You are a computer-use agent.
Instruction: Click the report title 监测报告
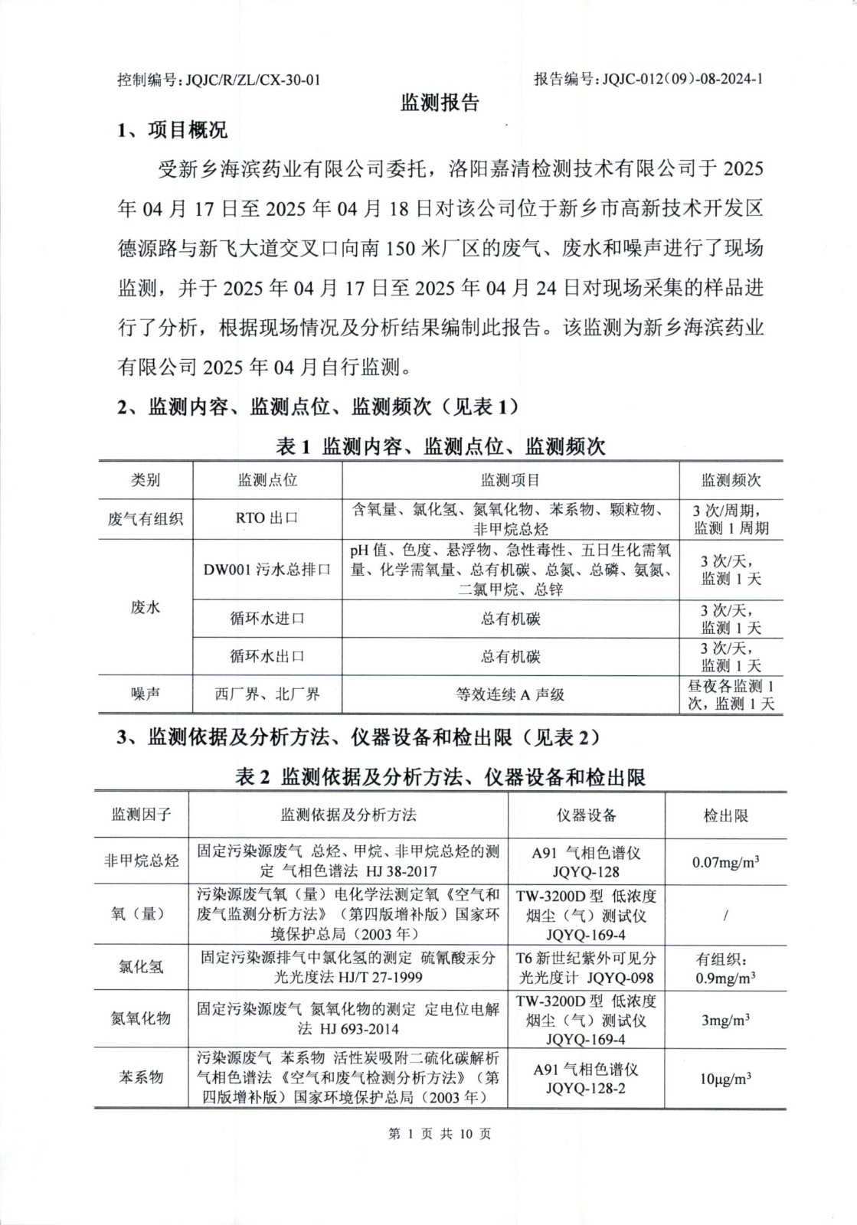(440, 103)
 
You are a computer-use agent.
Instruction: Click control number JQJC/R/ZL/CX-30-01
(218, 80)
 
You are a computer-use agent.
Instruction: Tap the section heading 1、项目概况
(172, 131)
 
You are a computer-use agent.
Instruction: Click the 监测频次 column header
(731, 481)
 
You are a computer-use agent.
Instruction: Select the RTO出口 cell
(267, 518)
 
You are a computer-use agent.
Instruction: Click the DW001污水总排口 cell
(267, 570)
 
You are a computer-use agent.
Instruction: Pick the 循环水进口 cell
(267, 619)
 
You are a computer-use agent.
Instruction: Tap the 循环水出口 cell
(267, 656)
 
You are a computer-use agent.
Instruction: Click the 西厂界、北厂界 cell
(267, 694)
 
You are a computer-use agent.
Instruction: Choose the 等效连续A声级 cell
(510, 694)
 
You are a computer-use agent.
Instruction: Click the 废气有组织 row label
(146, 519)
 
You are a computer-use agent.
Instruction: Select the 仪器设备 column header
(586, 815)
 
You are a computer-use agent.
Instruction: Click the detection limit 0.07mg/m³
(725, 862)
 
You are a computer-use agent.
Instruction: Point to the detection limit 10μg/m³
(725, 1078)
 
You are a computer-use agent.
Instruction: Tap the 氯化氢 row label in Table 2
(141, 967)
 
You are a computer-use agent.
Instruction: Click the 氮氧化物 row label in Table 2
(141, 1019)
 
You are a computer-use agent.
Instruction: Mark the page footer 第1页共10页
(440, 1134)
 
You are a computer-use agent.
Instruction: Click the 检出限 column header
(725, 815)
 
